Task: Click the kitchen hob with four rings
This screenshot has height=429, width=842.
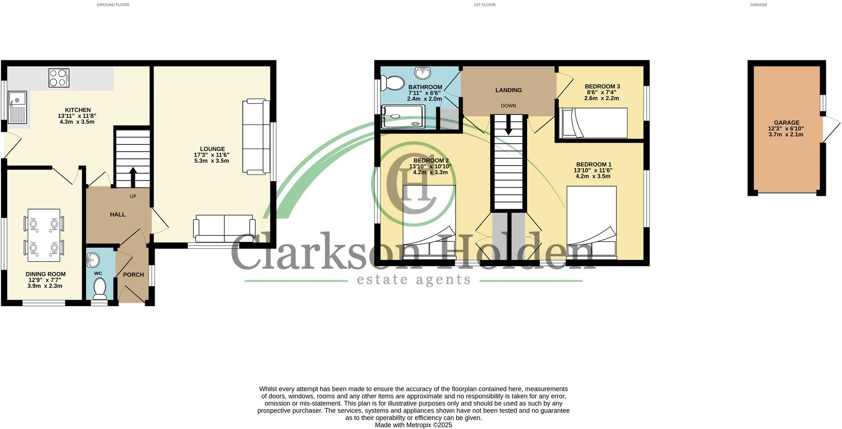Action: (59, 78)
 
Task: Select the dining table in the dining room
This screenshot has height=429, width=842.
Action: (44, 235)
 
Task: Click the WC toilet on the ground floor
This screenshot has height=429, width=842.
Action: (100, 288)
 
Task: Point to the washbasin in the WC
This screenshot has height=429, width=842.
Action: (93, 260)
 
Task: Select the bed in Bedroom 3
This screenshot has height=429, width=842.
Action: (593, 123)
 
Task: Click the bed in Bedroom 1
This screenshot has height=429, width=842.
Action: (591, 221)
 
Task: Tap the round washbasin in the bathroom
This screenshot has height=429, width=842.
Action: (422, 73)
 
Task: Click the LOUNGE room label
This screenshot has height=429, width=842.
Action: (212, 149)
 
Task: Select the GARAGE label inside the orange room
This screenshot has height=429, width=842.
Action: (787, 123)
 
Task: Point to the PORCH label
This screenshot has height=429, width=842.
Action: (133, 275)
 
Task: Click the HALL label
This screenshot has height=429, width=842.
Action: (118, 214)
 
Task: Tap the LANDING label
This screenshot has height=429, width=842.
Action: (508, 90)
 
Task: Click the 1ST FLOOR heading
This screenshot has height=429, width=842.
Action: (484, 5)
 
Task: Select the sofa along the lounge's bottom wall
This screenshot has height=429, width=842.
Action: (224, 228)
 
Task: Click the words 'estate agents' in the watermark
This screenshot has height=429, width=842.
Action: (414, 279)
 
